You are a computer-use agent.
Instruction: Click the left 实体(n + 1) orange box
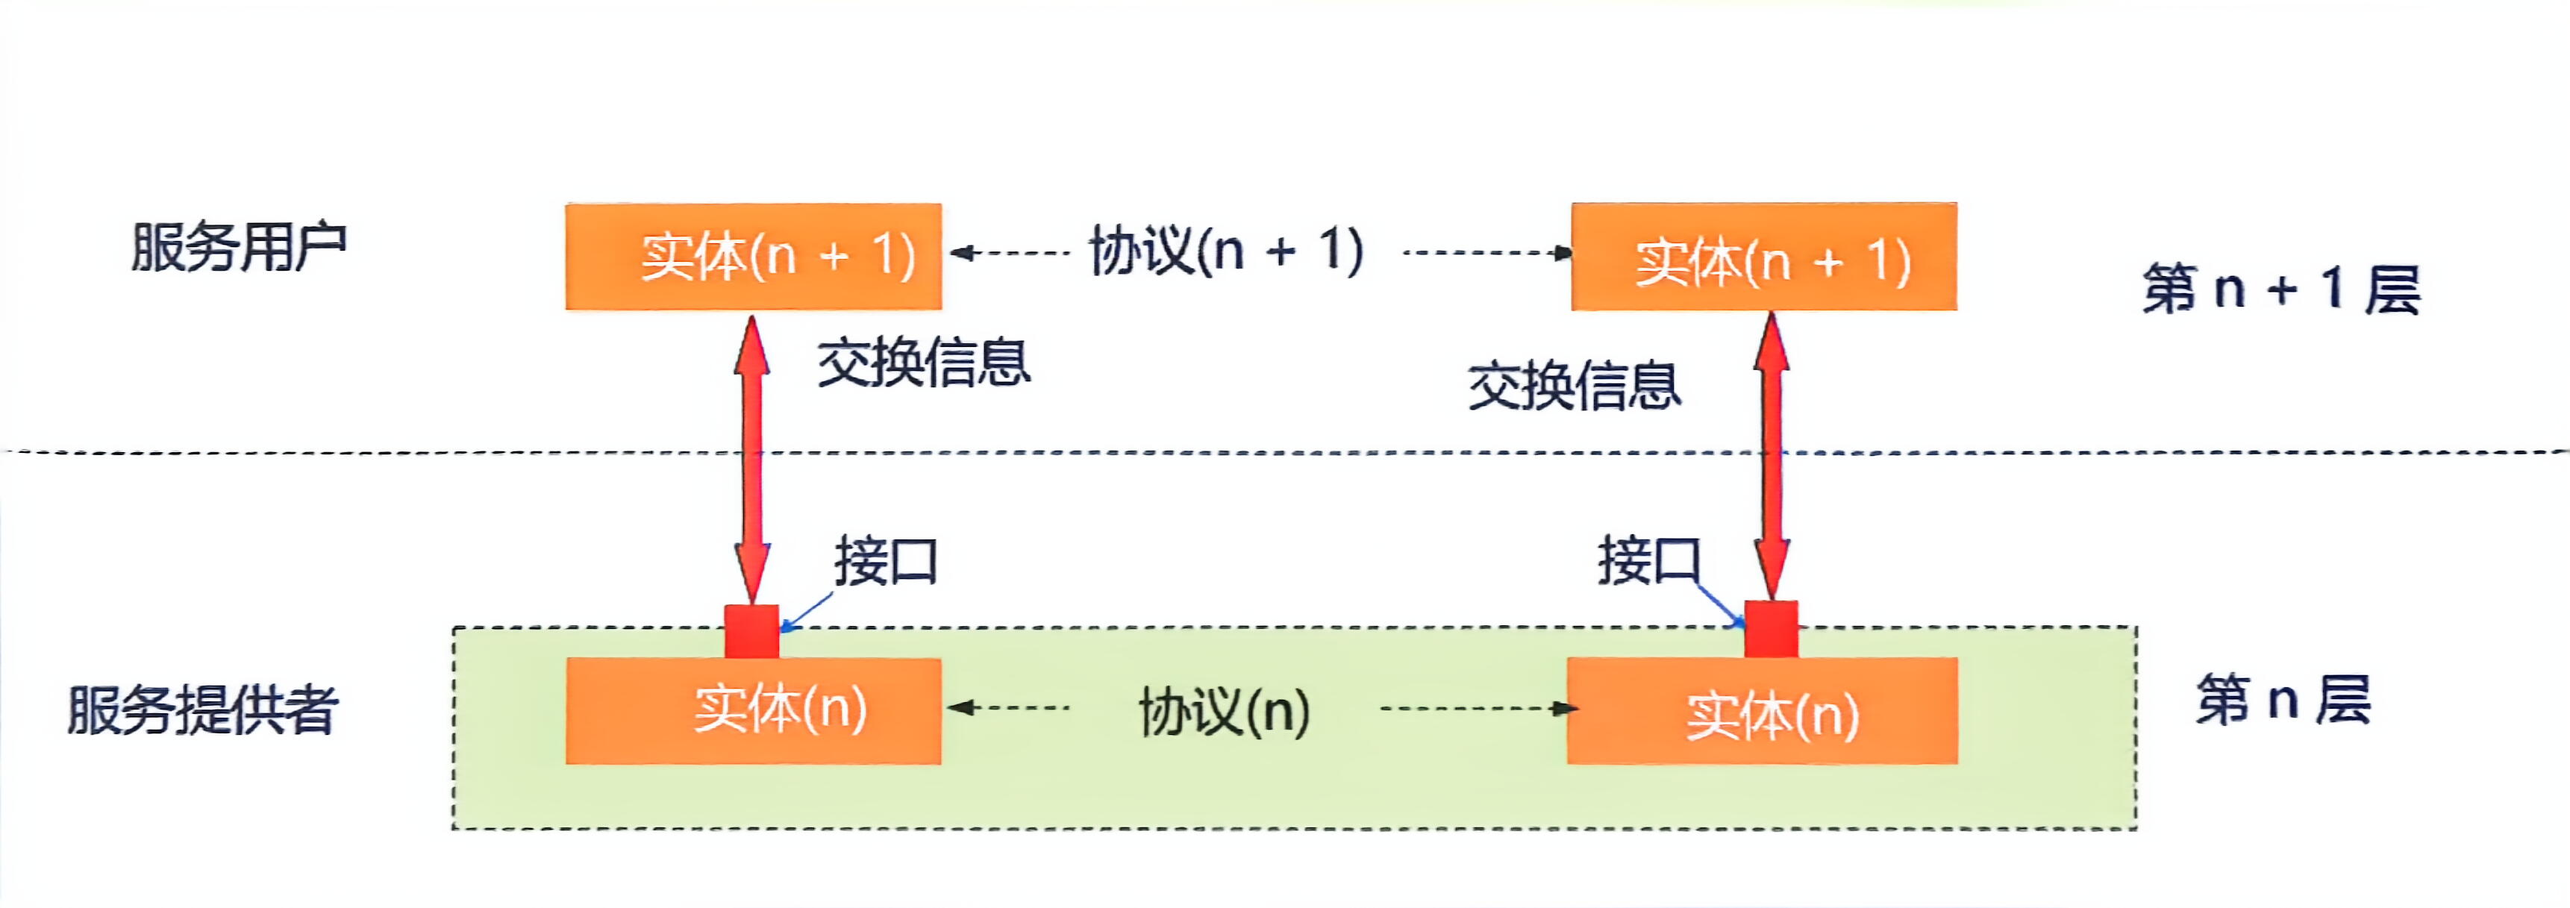[x=753, y=257]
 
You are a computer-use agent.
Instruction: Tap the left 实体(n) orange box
[x=753, y=710]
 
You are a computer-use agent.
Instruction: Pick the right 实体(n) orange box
[x=1762, y=710]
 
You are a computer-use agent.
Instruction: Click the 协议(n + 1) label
[x=1226, y=251]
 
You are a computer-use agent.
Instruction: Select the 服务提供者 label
[x=202, y=710]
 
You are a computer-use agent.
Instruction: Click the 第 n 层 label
[x=2283, y=699]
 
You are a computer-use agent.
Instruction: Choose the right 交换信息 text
[x=1575, y=386]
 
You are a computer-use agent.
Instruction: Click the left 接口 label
[x=886, y=562]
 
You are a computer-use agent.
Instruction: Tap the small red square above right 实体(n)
[x=1771, y=630]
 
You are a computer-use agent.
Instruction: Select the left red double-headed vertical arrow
[x=751, y=459]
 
